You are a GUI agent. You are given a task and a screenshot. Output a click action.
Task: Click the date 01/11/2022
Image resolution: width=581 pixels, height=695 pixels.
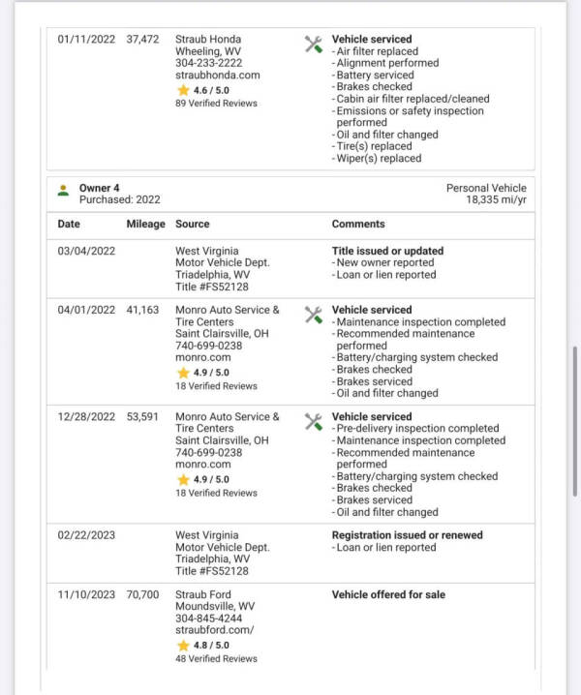point(87,40)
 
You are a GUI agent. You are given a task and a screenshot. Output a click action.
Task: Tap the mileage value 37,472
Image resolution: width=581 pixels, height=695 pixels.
point(142,40)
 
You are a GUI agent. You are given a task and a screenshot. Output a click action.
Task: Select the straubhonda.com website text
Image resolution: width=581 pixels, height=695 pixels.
point(203,75)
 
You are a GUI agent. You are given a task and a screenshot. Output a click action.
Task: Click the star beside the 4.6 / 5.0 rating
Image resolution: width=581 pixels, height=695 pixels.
point(183,89)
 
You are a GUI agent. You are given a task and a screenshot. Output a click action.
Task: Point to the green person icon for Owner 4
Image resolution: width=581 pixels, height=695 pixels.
point(63,190)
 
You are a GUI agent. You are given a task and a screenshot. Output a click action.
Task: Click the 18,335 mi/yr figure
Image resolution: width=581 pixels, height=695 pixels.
point(496,199)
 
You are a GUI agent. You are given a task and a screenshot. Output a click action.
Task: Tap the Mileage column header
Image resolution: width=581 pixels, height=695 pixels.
point(146,224)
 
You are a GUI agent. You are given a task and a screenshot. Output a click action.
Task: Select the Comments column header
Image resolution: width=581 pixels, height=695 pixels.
point(358,224)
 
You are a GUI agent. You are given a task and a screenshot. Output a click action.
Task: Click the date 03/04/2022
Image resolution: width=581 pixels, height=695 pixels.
point(87,251)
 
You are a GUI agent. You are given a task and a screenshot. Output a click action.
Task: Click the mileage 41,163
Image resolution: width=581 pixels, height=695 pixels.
point(142,311)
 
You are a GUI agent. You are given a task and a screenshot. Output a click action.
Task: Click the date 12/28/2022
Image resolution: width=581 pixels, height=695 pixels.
point(87,417)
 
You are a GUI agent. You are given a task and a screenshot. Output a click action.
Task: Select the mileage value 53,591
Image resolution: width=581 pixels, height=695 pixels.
point(142,417)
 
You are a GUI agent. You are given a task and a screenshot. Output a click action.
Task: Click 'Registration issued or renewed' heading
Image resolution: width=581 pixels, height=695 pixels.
point(407,535)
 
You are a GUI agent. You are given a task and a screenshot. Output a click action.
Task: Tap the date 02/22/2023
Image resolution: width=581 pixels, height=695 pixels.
point(87,535)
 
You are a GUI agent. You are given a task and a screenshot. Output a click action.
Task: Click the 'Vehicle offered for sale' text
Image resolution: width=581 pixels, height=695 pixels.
point(388,594)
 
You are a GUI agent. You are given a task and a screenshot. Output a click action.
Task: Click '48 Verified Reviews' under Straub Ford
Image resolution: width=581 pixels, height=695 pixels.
point(216,658)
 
